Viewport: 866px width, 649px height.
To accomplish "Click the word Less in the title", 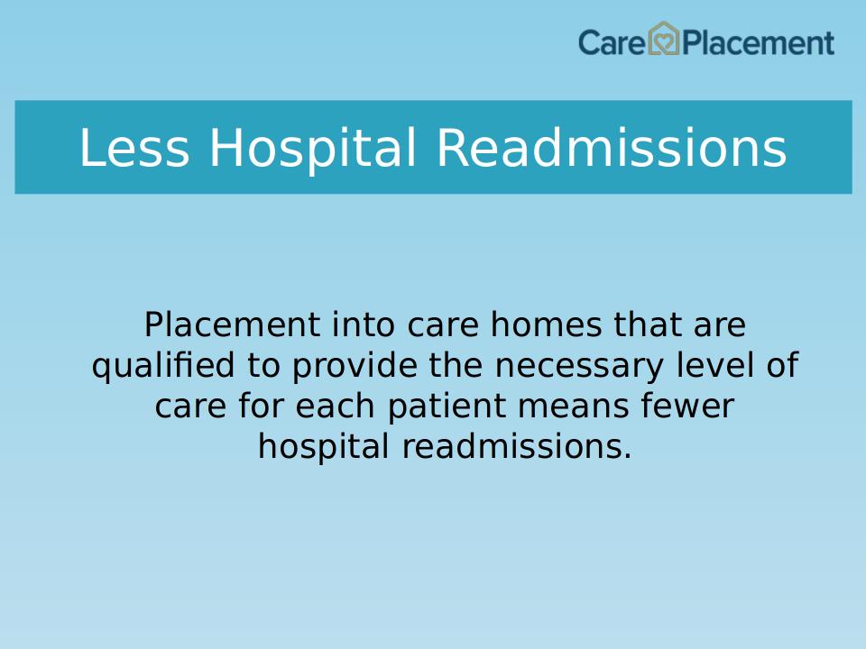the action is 134,147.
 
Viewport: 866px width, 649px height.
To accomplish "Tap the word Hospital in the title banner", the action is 312,147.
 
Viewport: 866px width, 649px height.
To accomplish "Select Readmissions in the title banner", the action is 612,147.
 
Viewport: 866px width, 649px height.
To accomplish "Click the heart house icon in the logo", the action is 663,38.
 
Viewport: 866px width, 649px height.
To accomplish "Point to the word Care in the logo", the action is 612,42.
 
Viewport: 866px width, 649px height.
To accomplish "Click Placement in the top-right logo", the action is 758,42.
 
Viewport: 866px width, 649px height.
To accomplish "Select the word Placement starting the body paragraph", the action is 232,324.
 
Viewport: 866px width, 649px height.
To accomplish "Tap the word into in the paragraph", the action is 363,324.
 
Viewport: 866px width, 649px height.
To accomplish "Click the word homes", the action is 546,324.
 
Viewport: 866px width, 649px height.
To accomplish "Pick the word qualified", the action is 163,366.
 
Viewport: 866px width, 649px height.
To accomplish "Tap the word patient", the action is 447,407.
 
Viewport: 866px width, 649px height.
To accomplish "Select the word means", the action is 574,407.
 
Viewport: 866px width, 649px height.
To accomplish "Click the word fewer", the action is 687,406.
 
